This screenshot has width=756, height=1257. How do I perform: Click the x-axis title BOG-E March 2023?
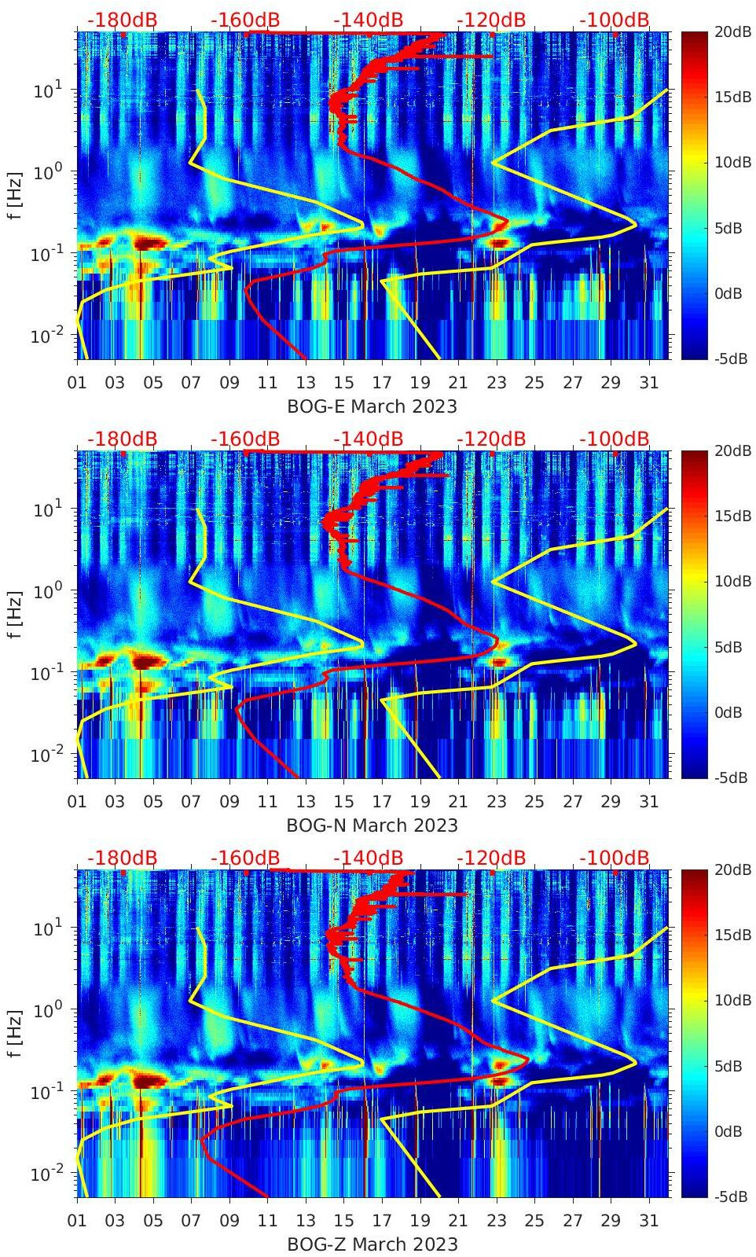click(372, 406)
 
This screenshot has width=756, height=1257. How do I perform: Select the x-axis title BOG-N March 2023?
click(372, 825)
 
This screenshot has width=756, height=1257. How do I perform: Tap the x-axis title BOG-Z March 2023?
click(372, 1244)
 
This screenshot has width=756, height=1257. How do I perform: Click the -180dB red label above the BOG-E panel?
click(122, 20)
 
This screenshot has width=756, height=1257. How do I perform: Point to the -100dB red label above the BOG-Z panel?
click(615, 858)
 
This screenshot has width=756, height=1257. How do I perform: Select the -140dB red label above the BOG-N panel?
click(368, 439)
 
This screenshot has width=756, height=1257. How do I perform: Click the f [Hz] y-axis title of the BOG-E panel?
click(17, 196)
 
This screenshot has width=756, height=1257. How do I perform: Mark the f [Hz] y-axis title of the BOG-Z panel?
click(17, 1034)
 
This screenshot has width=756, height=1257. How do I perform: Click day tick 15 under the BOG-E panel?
click(343, 383)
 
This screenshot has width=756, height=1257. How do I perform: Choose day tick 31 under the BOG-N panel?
click(648, 802)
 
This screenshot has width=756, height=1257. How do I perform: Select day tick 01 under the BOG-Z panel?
click(77, 1221)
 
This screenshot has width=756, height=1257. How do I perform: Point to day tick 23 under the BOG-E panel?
click(496, 383)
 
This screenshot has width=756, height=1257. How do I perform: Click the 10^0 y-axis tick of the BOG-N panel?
click(47, 591)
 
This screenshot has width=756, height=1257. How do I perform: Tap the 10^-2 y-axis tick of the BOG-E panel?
click(47, 336)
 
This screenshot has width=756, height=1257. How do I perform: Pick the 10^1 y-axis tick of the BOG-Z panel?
click(47, 928)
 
